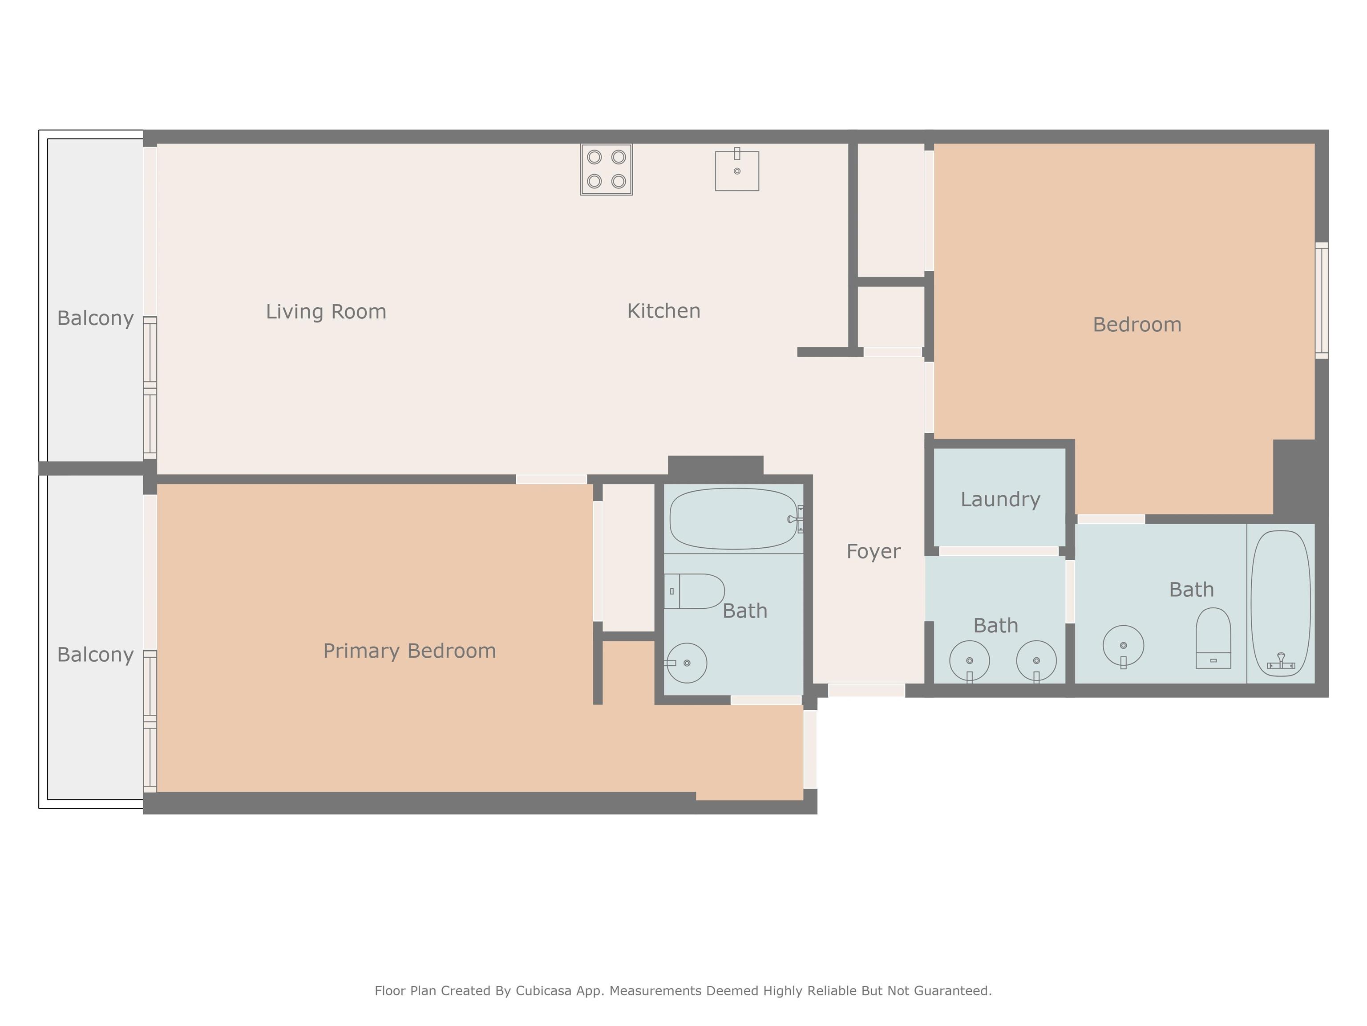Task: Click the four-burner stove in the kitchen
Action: pos(606,170)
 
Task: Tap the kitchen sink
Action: pos(736,170)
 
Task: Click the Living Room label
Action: pos(326,311)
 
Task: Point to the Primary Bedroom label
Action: pos(410,651)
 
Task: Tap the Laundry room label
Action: pos(1000,499)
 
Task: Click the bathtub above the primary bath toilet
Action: pos(733,518)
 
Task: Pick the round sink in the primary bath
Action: pos(686,663)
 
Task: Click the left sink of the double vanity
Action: pos(969,662)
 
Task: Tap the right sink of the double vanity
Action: pos(1036,662)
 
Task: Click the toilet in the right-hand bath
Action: pos(1213,638)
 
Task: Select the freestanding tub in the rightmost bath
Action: pos(1281,603)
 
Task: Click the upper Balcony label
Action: pos(95,318)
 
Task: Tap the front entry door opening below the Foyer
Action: pos(866,690)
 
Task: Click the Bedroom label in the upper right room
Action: pos(1137,324)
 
